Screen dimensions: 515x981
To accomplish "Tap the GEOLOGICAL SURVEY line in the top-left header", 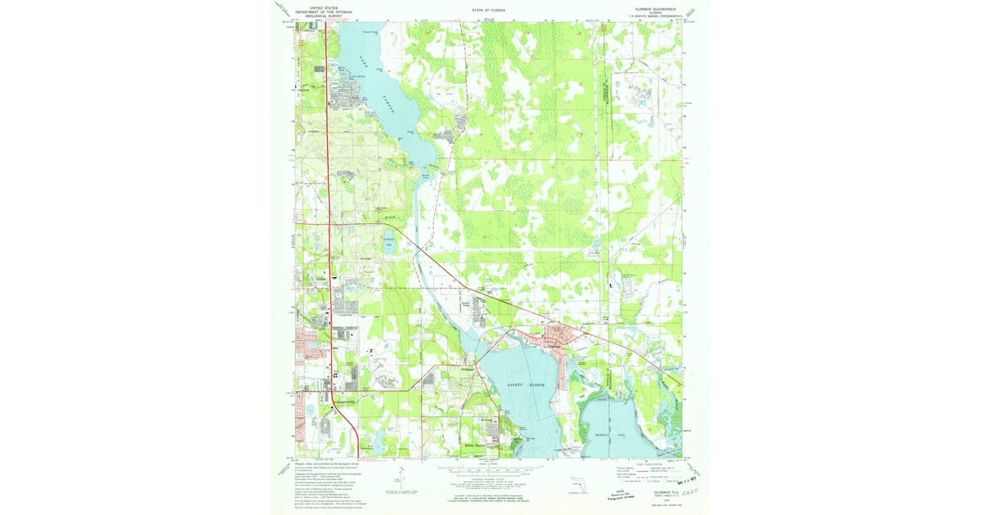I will coord(316,16).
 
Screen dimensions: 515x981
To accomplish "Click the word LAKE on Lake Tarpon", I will coord(362,59).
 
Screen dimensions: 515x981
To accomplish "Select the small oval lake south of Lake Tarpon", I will coord(390,242).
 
